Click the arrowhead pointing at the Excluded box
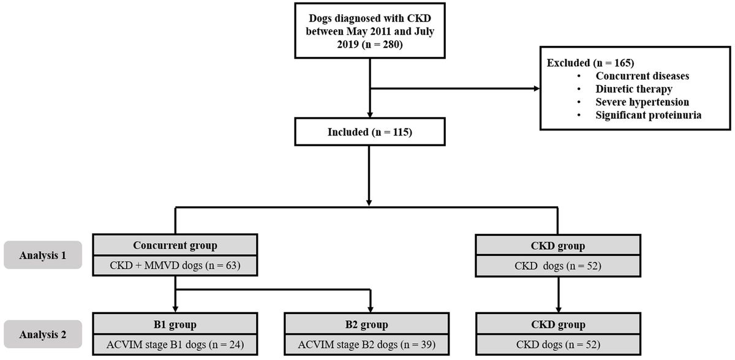(x=537, y=89)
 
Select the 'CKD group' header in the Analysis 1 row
(x=559, y=246)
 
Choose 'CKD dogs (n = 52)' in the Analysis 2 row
(x=559, y=344)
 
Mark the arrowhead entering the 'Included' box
(x=369, y=114)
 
